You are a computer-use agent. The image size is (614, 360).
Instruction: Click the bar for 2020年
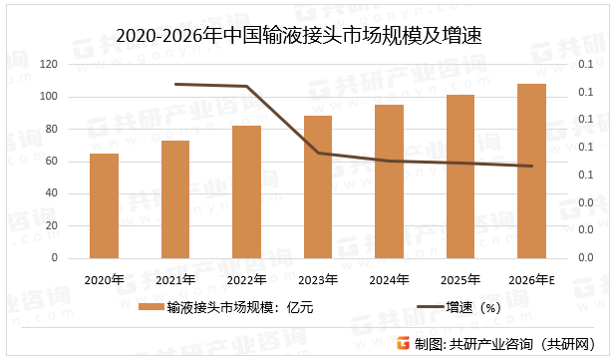click(x=104, y=205)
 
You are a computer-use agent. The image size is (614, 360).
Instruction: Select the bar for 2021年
click(x=175, y=199)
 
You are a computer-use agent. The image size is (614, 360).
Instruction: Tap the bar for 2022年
click(x=246, y=191)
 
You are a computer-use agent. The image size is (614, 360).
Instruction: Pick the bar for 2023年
click(x=318, y=186)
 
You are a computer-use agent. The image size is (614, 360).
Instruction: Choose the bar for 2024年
click(x=389, y=180)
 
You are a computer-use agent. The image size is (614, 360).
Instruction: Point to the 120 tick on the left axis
click(x=48, y=65)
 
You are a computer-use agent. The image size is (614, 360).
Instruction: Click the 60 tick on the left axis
click(x=51, y=162)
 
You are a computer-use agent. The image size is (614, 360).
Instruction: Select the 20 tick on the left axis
click(x=51, y=225)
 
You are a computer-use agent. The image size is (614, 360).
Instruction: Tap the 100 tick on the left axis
click(x=48, y=97)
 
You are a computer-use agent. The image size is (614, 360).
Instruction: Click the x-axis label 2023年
click(x=318, y=279)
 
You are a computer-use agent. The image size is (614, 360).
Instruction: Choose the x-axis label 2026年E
click(x=531, y=279)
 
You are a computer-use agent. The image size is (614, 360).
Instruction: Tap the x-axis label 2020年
click(x=104, y=279)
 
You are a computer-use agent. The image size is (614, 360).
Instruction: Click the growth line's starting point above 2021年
click(x=175, y=84)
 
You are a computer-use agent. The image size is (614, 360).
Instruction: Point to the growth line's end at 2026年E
click(x=531, y=167)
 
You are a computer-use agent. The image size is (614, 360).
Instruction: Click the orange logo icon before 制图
click(x=403, y=343)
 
